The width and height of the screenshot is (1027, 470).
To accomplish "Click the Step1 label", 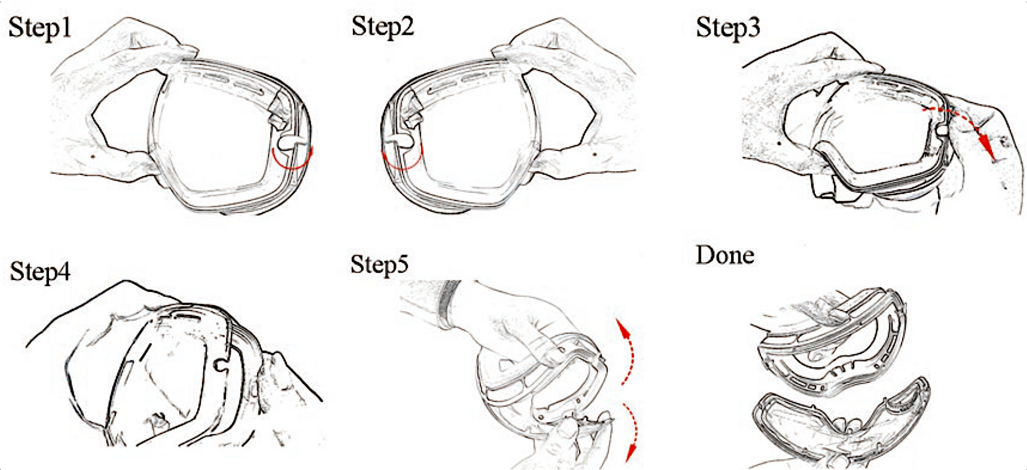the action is click(40, 28).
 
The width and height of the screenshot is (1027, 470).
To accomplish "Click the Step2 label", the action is click(383, 27).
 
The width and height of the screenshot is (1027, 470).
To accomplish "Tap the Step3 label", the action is click(728, 28).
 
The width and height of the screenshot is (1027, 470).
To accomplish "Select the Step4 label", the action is click(40, 272).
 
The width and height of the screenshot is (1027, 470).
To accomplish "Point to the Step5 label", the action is click(379, 264).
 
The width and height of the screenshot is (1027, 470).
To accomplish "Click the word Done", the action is click(725, 255).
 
